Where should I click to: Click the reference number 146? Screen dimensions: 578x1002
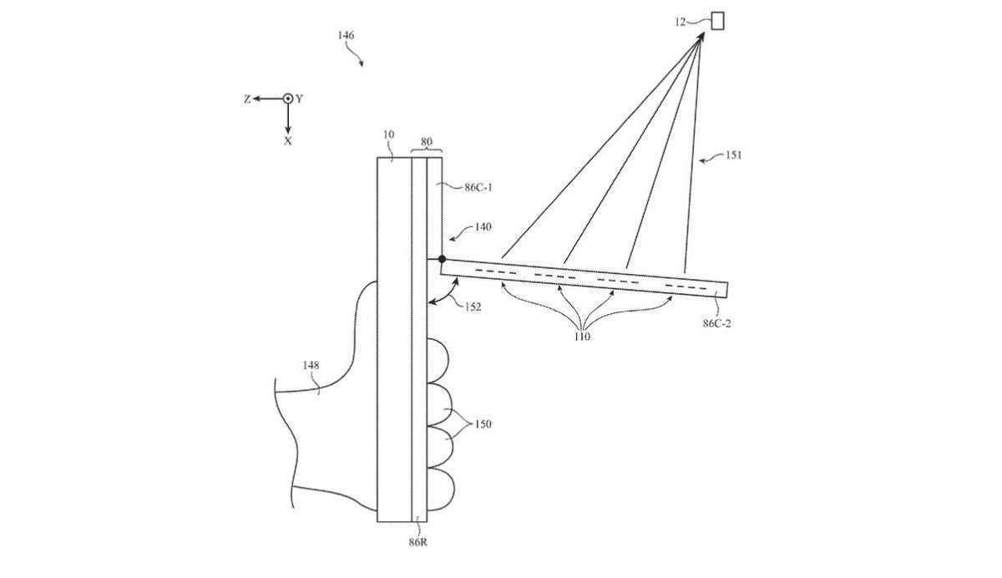pyautogui.click(x=345, y=36)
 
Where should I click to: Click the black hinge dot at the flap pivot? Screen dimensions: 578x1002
pyautogui.click(x=442, y=260)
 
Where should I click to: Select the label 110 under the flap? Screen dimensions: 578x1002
pyautogui.click(x=583, y=337)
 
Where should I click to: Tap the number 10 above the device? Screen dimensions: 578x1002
pyautogui.click(x=387, y=134)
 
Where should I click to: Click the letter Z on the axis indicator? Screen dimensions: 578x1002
pyautogui.click(x=247, y=99)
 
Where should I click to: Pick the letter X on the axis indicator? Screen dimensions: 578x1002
pyautogui.click(x=287, y=142)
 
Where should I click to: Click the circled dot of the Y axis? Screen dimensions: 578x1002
pyautogui.click(x=287, y=99)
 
